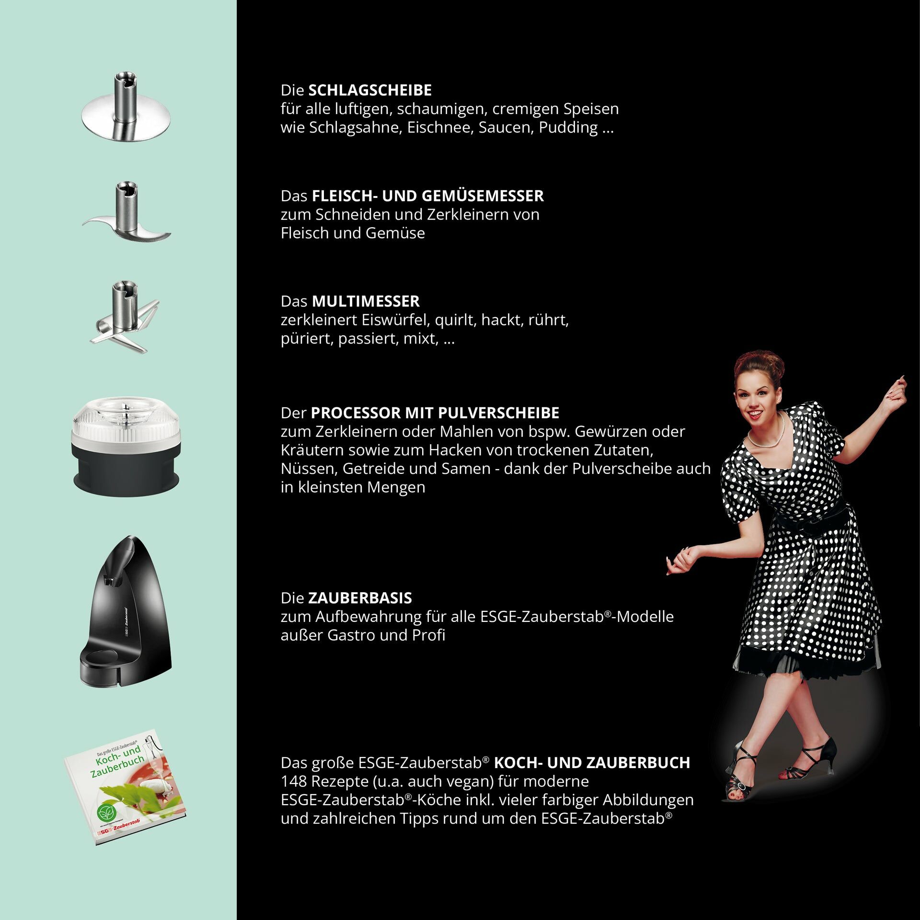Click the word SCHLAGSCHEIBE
click(x=369, y=90)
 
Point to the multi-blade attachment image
click(x=125, y=319)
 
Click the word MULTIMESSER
click(x=366, y=301)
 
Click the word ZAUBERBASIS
click(x=360, y=598)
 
